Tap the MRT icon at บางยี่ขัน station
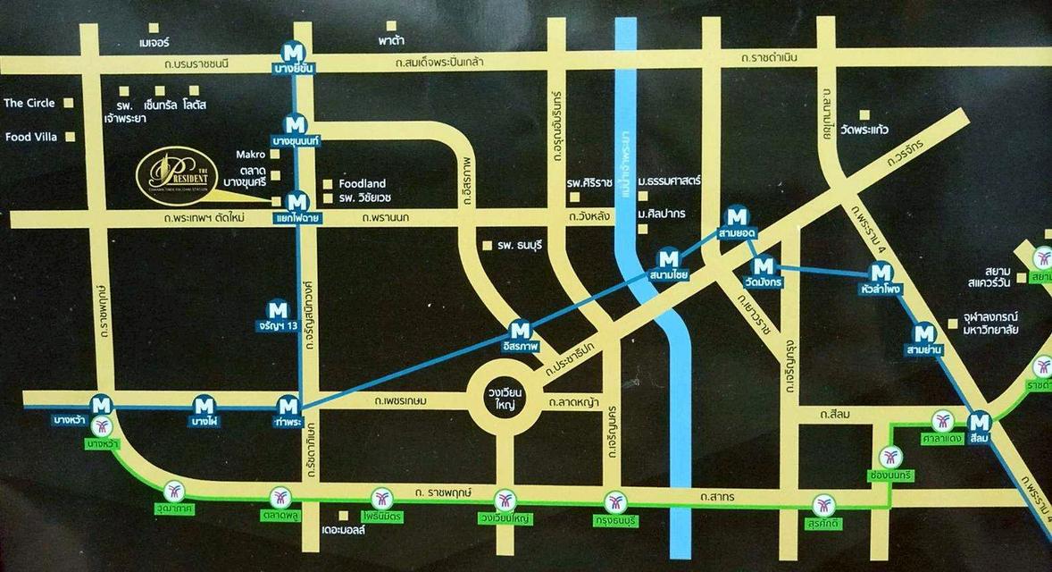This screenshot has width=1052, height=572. click(294, 51)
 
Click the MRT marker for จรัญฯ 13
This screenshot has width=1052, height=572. click(279, 310)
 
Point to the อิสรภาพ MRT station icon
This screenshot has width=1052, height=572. click(519, 330)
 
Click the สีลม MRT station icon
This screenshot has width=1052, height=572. click(980, 421)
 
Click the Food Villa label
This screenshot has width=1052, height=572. click(30, 138)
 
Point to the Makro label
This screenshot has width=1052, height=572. click(252, 154)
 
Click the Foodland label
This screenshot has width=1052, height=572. click(363, 183)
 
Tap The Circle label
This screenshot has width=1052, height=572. click(29, 103)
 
